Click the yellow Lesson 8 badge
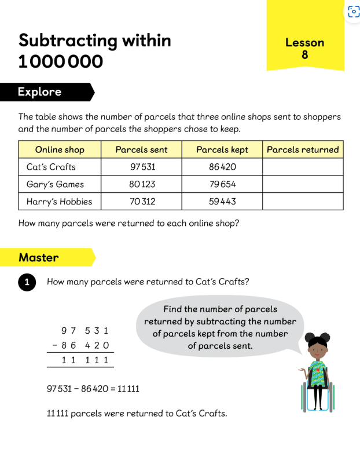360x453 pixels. tap(304, 48)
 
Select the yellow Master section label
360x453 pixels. tap(39, 257)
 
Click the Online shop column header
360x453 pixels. tap(60, 149)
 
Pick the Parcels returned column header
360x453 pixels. tap(303, 149)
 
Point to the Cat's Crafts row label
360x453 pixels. tap(51, 167)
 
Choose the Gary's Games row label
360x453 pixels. tap(55, 184)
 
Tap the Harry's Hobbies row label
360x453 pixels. tap(59, 202)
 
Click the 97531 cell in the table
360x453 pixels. tap(141, 167)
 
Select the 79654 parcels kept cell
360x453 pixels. tap(222, 184)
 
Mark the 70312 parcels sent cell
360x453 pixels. tap(141, 202)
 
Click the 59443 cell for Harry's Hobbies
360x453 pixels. tap(222, 202)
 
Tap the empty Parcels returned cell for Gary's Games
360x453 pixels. tap(303, 184)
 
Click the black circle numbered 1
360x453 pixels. tap(27, 282)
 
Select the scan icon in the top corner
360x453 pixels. tap(353, 12)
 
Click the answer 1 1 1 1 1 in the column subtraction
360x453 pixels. tap(85, 360)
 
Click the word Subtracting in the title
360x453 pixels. tap(68, 41)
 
